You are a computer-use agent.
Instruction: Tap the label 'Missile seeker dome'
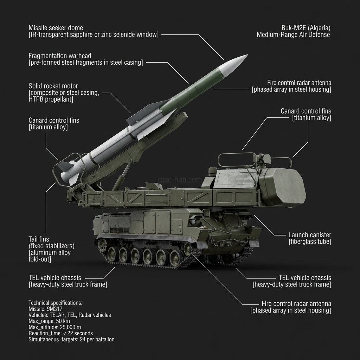click(56, 27)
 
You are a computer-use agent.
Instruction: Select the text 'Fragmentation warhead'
click(60, 56)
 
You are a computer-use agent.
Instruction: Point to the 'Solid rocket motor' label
click(53, 86)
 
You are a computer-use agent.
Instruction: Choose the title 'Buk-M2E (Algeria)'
click(306, 28)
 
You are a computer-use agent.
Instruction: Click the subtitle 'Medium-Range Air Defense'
click(293, 34)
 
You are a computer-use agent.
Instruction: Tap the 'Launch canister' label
click(310, 235)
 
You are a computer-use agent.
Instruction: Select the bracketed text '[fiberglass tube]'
click(310, 242)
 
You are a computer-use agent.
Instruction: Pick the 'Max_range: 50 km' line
click(50, 321)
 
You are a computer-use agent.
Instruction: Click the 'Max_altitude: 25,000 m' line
click(54, 327)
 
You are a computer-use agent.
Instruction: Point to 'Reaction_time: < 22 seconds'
click(60, 333)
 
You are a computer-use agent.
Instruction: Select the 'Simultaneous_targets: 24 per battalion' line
click(72, 340)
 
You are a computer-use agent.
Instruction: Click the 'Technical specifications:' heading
click(55, 303)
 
